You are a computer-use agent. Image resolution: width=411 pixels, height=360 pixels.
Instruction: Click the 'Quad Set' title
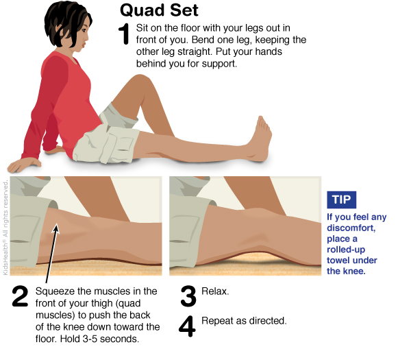[159, 10]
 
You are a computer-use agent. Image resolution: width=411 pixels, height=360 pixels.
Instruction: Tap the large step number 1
[124, 34]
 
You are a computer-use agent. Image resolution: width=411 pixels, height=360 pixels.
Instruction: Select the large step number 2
[20, 296]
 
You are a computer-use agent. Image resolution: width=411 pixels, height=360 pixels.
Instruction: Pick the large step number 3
[188, 296]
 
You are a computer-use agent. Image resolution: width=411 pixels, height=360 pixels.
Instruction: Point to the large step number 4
[187, 326]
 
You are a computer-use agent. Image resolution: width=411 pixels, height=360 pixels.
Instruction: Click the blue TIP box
[341, 200]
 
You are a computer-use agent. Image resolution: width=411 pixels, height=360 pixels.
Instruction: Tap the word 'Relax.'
[215, 291]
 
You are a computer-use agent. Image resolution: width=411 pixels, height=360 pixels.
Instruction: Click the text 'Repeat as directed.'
[244, 321]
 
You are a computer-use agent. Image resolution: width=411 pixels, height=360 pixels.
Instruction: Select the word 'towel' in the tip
[338, 261]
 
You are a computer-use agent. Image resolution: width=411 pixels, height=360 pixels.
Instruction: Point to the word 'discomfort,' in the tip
[351, 228]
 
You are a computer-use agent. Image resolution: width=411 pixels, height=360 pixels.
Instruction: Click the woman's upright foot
[261, 139]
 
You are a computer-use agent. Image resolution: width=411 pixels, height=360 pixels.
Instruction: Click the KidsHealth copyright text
[5, 228]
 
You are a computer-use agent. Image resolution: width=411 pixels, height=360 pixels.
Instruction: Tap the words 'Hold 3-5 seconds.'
[99, 339]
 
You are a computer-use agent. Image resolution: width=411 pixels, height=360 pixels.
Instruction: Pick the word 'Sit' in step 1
[142, 28]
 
